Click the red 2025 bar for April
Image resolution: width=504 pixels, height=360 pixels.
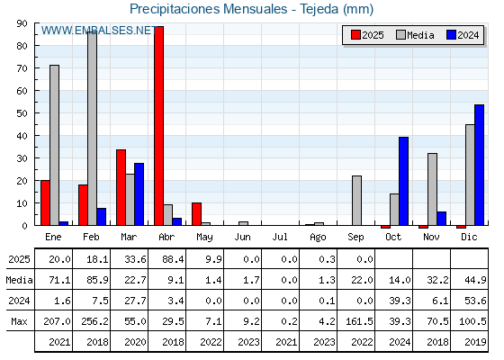[158, 126]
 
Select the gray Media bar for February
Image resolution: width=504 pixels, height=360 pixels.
[92, 129]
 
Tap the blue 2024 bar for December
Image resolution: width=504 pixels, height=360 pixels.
[479, 165]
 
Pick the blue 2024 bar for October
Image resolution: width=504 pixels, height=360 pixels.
[403, 181]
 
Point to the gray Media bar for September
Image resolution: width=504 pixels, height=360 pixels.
[356, 201]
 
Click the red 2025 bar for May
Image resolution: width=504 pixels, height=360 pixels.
[196, 214]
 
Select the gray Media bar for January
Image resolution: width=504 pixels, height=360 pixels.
[54, 145]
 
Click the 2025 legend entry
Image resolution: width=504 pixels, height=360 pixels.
[367, 35]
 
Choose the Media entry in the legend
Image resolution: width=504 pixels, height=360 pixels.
[415, 35]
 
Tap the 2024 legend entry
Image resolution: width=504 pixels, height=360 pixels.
[463, 35]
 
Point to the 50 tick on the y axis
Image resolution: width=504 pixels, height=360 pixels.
[22, 113]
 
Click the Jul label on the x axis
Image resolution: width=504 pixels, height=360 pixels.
[280, 237]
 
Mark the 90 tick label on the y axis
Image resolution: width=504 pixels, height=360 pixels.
[22, 23]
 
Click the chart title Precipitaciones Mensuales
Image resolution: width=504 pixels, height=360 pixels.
[208, 9]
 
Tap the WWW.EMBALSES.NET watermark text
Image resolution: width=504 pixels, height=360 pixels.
[99, 31]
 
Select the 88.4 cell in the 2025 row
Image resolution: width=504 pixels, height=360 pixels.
[173, 259]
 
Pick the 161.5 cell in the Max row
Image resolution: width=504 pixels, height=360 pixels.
[359, 321]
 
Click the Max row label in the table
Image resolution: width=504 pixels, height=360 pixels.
[19, 321]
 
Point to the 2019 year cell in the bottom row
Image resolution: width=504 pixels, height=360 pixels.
[475, 342]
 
